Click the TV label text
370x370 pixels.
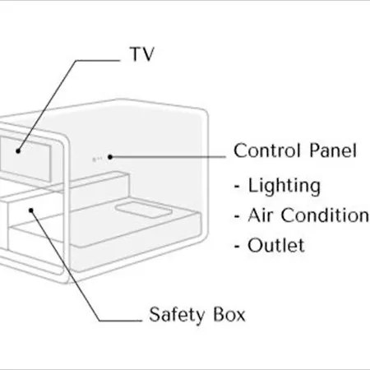coord(141,54)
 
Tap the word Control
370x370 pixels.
coord(266,150)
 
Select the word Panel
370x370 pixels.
coord(333,150)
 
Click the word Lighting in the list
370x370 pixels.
coord(284,187)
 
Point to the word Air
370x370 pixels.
coord(260,215)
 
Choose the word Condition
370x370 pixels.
coord(326,215)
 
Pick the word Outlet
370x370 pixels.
coord(276,245)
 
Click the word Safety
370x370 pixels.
coord(177,315)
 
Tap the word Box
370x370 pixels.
coord(229,314)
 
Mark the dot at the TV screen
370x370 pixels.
coord(18,150)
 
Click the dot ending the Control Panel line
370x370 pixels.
coord(110,157)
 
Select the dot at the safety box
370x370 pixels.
coord(31,210)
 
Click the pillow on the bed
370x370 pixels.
coord(144,210)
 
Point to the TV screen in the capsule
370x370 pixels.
coord(25,159)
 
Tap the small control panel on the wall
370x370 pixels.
coord(97,159)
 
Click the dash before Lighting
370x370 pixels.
coord(237,187)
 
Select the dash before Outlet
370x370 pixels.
coord(237,246)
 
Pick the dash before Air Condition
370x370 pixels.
coord(237,216)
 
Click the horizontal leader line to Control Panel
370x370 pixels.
coord(169,157)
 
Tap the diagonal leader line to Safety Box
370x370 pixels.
coord(66,266)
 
